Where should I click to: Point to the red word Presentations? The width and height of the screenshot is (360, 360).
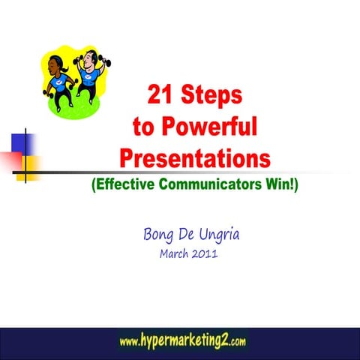(x=194, y=159)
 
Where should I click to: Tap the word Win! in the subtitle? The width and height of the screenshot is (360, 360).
(x=280, y=184)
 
